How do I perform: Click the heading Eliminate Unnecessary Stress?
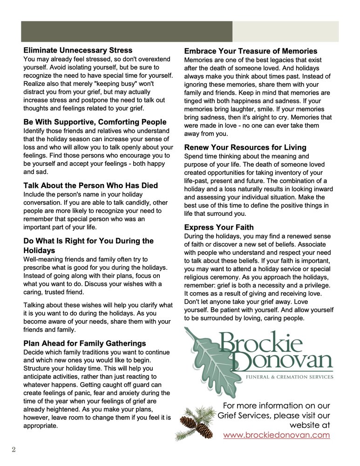(78, 50)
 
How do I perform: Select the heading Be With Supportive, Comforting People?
(95, 122)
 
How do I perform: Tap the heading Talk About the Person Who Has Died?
(90, 185)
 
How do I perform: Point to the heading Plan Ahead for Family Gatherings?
(84, 343)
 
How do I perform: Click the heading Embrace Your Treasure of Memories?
(251, 51)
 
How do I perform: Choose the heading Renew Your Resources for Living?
(245, 148)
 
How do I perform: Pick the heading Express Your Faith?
(218, 227)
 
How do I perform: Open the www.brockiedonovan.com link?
(276, 435)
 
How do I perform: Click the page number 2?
(14, 449)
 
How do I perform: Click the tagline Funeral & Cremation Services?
(290, 377)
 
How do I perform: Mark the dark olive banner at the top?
(127, 32)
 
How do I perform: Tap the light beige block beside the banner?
(285, 32)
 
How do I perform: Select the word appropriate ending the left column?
(41, 425)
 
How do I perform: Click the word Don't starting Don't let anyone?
(192, 302)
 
